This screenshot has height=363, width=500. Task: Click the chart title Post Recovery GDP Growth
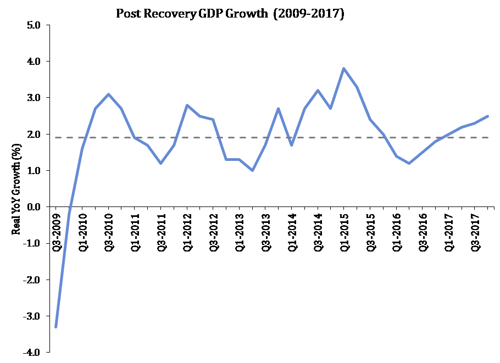click(230, 14)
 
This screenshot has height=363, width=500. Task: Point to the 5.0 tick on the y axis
click(34, 25)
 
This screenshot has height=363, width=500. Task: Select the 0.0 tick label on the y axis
click(34, 207)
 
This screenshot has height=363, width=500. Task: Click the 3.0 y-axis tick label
click(34, 98)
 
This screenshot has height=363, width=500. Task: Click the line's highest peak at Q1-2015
click(343, 69)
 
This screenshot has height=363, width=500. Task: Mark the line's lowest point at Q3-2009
click(56, 327)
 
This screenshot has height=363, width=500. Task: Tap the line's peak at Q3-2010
click(108, 94)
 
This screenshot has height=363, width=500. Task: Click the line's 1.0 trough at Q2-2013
click(252, 170)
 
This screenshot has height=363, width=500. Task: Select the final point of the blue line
click(487, 116)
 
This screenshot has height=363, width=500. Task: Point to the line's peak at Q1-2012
click(187, 105)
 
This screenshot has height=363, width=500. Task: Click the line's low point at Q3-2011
click(160, 163)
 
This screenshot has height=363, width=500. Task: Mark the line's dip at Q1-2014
click(291, 145)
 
